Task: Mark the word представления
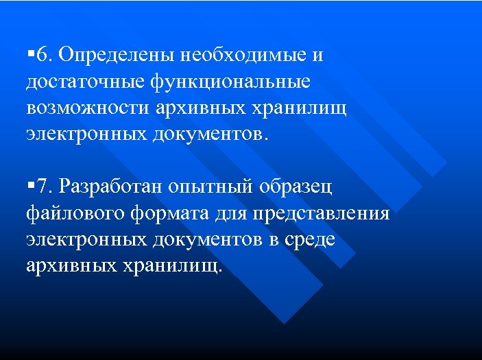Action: (x=320, y=213)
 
